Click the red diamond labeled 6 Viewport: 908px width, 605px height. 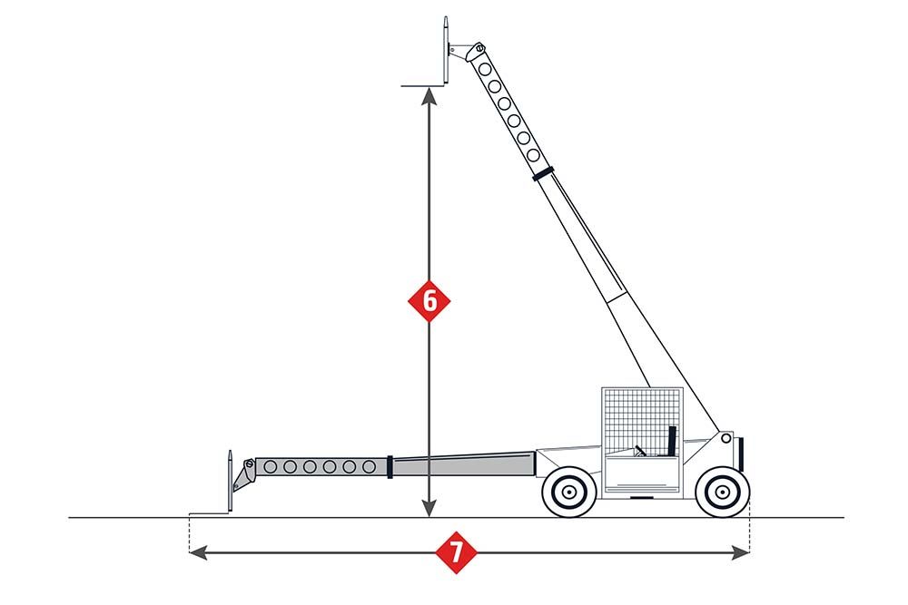pos(429,301)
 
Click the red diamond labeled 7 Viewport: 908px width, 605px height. pos(457,552)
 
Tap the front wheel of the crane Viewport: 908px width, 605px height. pos(569,492)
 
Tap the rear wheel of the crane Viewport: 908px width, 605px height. pos(722,492)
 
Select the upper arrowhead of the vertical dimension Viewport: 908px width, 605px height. pos(429,95)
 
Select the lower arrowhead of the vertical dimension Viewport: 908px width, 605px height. pos(429,508)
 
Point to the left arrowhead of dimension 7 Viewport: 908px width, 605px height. pos(199,552)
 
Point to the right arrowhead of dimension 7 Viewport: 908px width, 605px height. pos(741,552)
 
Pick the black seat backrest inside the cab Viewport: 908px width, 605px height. pos(672,442)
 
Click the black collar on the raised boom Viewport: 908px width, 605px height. pos(543,173)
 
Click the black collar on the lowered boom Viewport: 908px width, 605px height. pos(390,466)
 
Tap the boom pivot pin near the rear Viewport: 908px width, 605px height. pos(725,438)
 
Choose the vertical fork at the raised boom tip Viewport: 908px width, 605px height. pos(446,50)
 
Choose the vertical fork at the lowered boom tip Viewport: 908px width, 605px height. pos(230,481)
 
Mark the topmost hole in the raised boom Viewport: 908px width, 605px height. pos(485,70)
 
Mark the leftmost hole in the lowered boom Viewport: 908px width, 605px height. pos(270,467)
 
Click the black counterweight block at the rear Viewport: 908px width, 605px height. pos(741,454)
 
